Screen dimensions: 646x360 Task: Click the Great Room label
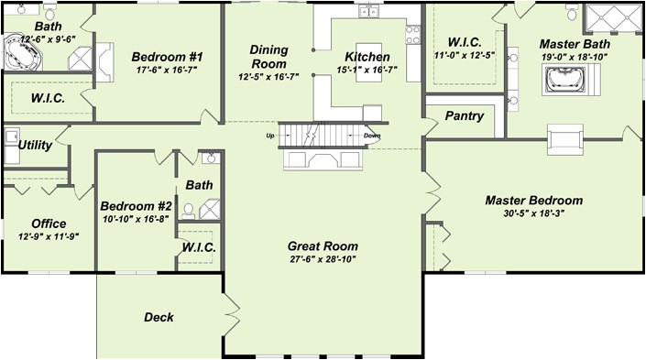click(x=323, y=246)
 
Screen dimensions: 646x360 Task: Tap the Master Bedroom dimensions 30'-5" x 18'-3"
click(x=533, y=213)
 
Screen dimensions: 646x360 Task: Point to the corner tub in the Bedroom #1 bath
click(x=23, y=52)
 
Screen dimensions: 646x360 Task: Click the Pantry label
click(x=465, y=115)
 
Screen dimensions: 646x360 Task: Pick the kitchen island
click(x=368, y=62)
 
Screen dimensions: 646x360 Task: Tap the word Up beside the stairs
click(x=269, y=135)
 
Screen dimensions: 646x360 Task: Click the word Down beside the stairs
click(x=372, y=136)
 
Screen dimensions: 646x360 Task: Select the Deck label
click(x=159, y=317)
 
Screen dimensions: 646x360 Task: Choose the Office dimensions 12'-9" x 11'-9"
click(x=49, y=236)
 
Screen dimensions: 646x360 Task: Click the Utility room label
click(x=35, y=145)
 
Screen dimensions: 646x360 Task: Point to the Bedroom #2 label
click(x=136, y=205)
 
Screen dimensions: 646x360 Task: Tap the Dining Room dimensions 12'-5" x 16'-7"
click(x=268, y=77)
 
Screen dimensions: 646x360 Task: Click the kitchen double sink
click(x=369, y=12)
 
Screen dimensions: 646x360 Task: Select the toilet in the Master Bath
click(x=572, y=12)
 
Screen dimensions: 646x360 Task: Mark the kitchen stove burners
click(x=413, y=35)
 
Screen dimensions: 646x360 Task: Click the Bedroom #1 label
click(x=167, y=57)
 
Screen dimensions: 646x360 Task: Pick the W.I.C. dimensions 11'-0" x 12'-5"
click(x=465, y=55)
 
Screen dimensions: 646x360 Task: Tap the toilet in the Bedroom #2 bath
click(x=188, y=211)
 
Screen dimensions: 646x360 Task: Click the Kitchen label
click(x=367, y=57)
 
